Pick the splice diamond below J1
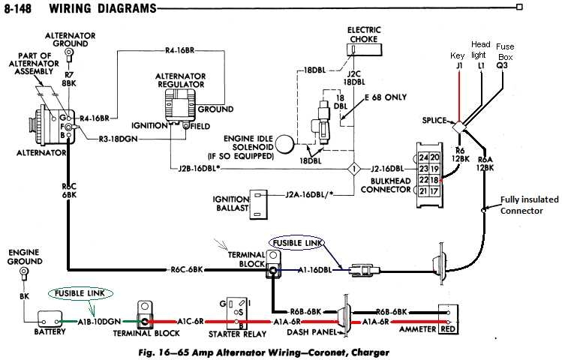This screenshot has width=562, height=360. (x=457, y=127)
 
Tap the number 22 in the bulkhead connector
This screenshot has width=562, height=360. (x=424, y=180)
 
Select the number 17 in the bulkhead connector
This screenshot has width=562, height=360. (x=434, y=192)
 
